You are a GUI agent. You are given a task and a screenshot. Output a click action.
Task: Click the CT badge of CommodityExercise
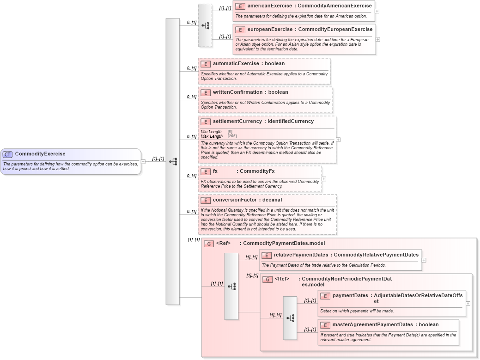tap(7, 154)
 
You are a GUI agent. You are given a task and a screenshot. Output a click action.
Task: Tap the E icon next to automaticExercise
tap(205, 64)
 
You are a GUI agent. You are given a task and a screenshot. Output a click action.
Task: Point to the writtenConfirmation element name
tap(237, 92)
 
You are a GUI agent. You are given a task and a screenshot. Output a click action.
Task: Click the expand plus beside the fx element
tap(323, 179)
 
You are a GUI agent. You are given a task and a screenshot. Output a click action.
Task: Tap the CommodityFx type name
tap(257, 171)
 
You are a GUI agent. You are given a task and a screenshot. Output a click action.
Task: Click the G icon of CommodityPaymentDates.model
tap(209, 244)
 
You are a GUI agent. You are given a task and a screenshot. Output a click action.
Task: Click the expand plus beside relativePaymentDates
tap(424, 260)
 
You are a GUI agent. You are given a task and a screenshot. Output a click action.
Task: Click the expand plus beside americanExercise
tap(377, 11)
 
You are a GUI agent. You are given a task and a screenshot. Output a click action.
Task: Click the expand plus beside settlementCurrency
tap(338, 139)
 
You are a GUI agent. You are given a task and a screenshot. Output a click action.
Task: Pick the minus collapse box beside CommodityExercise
tap(143, 161)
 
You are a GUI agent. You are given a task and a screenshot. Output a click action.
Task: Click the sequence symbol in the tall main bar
tap(173, 161)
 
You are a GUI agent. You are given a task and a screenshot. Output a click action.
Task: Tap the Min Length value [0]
tap(230, 132)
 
